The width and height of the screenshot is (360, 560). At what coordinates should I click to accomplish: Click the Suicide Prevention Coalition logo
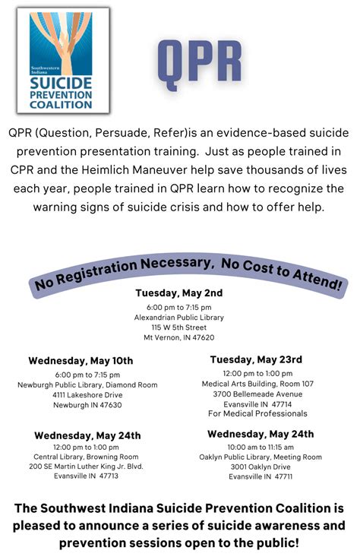coord(63,60)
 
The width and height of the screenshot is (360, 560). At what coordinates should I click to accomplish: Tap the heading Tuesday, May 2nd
coord(179,293)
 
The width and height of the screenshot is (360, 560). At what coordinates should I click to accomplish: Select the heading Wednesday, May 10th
coord(81,360)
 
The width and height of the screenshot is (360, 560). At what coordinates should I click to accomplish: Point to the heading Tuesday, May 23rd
coord(256,359)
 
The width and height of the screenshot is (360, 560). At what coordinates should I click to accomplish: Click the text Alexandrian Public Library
coord(179,317)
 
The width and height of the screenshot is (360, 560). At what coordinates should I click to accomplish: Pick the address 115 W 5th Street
coord(179,327)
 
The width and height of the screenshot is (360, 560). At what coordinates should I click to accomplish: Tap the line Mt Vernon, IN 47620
coord(179,337)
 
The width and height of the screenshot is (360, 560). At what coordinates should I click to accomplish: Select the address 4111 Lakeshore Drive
coord(87,395)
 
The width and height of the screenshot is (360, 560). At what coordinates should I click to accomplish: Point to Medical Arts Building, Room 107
coord(257,384)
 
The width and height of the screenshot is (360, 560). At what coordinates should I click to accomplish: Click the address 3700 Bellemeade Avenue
coord(257,394)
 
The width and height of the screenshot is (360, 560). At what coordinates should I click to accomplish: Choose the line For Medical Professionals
coord(257,414)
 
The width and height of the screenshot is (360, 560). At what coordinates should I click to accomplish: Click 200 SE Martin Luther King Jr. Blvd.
coord(87,467)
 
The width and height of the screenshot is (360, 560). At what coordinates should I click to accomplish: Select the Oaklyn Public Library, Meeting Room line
coord(261,457)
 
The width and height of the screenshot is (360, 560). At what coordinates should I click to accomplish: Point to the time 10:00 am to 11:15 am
coord(261,447)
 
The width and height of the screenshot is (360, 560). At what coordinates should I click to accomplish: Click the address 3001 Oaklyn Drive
coord(261,467)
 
